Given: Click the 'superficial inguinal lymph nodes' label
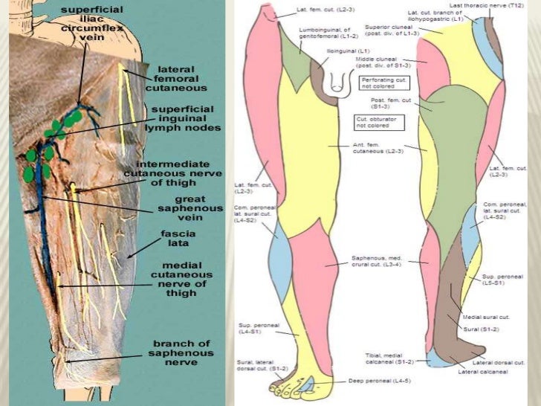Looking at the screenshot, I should tap(185, 119).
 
